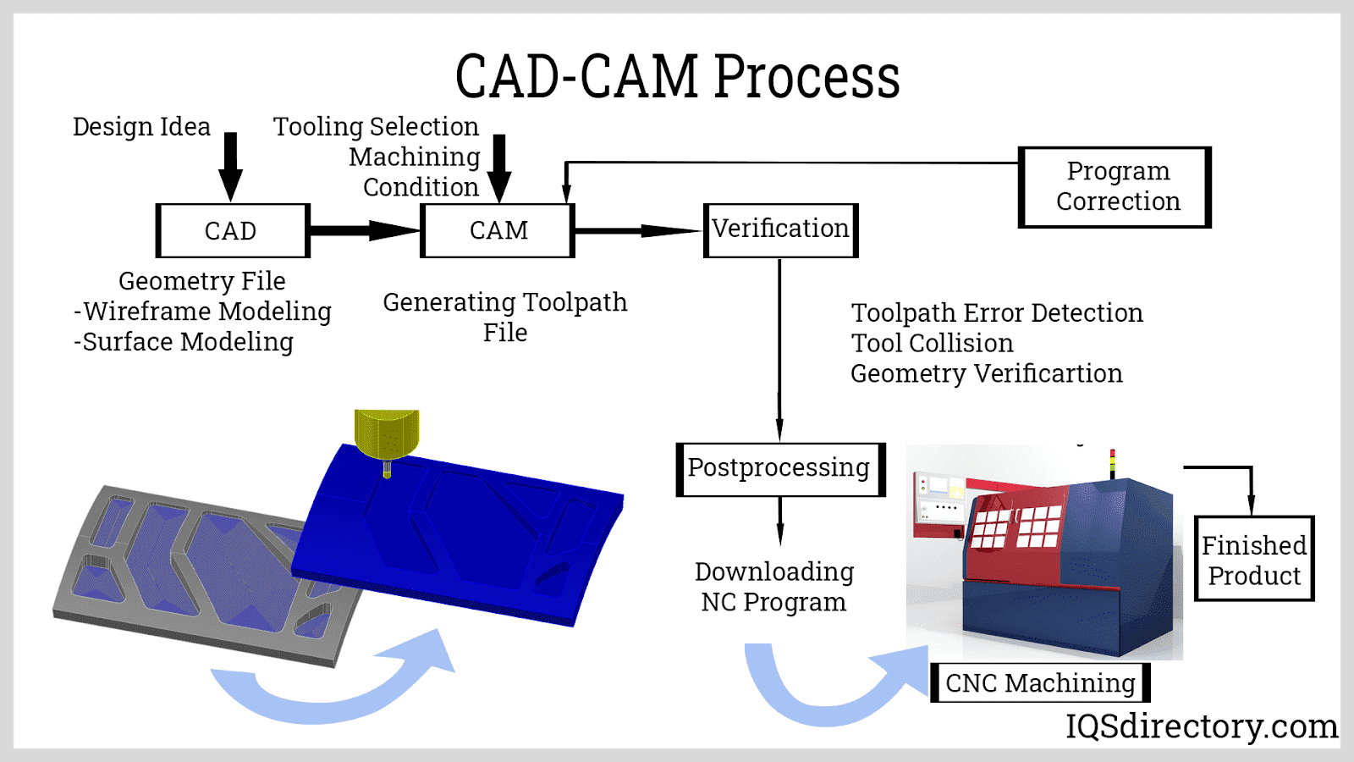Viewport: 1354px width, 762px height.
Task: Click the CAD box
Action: [233, 230]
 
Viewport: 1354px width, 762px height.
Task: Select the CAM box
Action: [498, 230]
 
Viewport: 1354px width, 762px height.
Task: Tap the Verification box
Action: [780, 229]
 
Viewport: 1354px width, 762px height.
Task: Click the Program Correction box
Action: [1115, 187]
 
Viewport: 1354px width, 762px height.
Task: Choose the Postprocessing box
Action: [779, 468]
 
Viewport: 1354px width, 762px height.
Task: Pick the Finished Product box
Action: [1254, 560]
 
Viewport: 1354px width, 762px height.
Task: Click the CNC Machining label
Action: [1040, 682]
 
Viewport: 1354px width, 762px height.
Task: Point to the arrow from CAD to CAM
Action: [364, 230]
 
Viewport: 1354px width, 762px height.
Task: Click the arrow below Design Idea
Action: [230, 167]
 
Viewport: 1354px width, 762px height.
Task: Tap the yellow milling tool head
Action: [387, 433]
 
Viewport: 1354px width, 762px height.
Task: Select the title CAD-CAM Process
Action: [677, 76]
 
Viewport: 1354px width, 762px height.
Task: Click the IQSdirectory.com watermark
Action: [1202, 726]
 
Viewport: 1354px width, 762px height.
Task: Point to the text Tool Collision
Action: [932, 343]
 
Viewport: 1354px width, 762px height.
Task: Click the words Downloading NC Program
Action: [774, 587]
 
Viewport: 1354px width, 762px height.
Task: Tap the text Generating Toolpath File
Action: [505, 317]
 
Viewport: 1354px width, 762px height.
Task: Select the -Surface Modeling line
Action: [184, 342]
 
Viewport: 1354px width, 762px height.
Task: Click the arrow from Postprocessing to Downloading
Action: [779, 521]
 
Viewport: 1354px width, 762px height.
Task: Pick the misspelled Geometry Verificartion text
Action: [986, 373]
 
